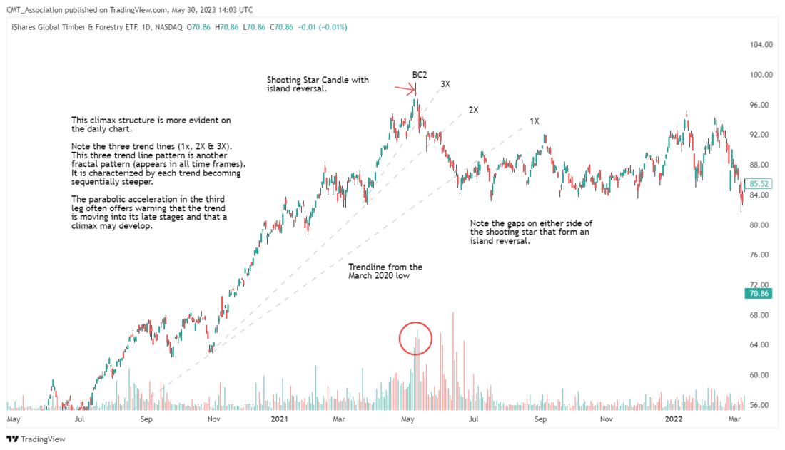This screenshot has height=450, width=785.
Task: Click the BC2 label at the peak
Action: pos(419,74)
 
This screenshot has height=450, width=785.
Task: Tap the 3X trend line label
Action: pos(445,84)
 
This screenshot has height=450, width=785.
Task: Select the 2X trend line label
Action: pos(473,111)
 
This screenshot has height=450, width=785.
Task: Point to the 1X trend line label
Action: pos(535,121)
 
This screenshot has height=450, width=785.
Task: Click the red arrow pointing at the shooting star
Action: pos(406,89)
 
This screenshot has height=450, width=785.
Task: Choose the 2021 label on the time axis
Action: pos(279,420)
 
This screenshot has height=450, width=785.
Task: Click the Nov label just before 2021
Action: pos(213,420)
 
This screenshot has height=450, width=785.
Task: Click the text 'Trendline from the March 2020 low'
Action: pos(385,272)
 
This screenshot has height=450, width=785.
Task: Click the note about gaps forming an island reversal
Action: pos(531,232)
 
